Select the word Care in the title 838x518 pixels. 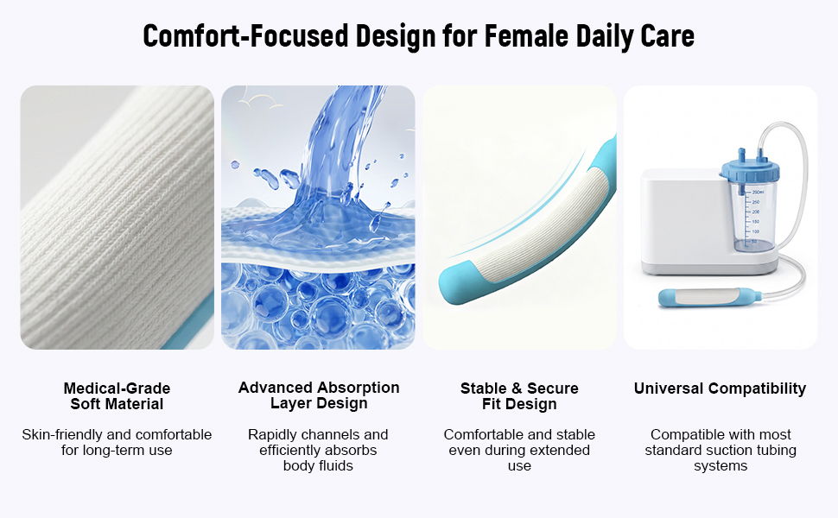[667, 36]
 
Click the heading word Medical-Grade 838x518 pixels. [117, 388]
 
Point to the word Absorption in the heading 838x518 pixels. [359, 388]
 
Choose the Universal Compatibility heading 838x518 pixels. [720, 388]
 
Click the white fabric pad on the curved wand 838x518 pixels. [545, 224]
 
